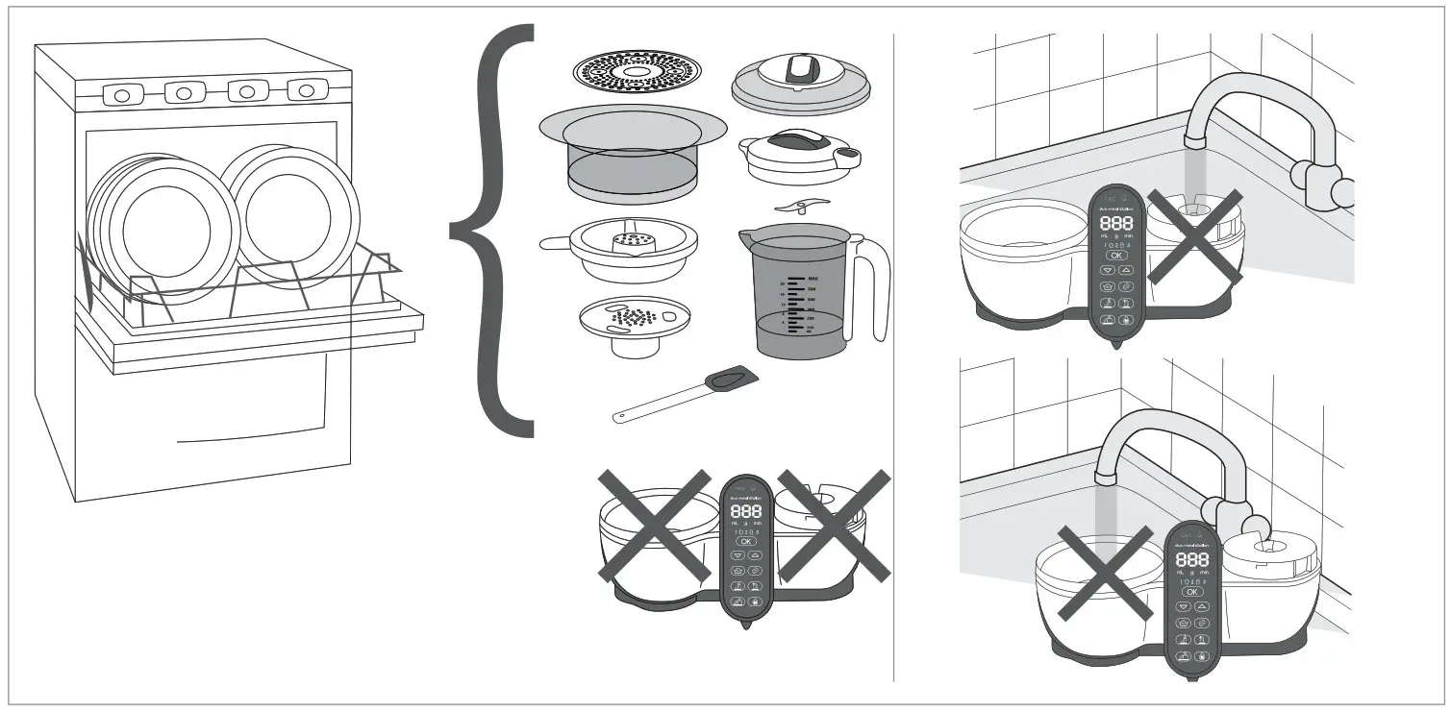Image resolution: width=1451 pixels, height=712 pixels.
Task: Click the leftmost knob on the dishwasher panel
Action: point(122,94)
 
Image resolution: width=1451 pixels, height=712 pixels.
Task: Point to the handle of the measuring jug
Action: point(871,288)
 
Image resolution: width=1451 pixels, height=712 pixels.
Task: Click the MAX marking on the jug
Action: point(813,279)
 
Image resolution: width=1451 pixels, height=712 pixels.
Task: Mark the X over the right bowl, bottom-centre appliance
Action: point(834,525)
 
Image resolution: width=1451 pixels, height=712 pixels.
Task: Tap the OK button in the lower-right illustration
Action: point(1192,592)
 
